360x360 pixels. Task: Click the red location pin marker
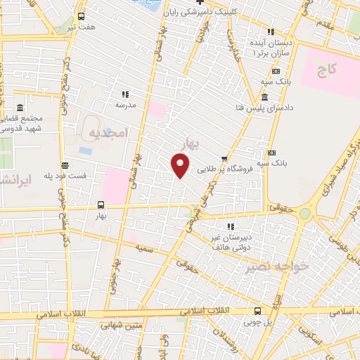pos(181,167)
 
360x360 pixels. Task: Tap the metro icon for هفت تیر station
pos(82,17)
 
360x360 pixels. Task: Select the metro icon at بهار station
pos(100,206)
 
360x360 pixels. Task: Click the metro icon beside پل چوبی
pos(258,311)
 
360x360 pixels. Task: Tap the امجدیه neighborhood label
pos(107,132)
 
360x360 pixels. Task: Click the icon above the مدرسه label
pos(126,94)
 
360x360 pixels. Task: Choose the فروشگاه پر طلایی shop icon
pos(224,158)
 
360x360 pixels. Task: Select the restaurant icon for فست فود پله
pos(65,165)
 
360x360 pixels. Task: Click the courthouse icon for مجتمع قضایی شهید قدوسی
pos(19,108)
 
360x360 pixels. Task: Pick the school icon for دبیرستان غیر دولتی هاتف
pos(230,226)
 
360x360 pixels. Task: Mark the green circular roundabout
pos(305,213)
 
